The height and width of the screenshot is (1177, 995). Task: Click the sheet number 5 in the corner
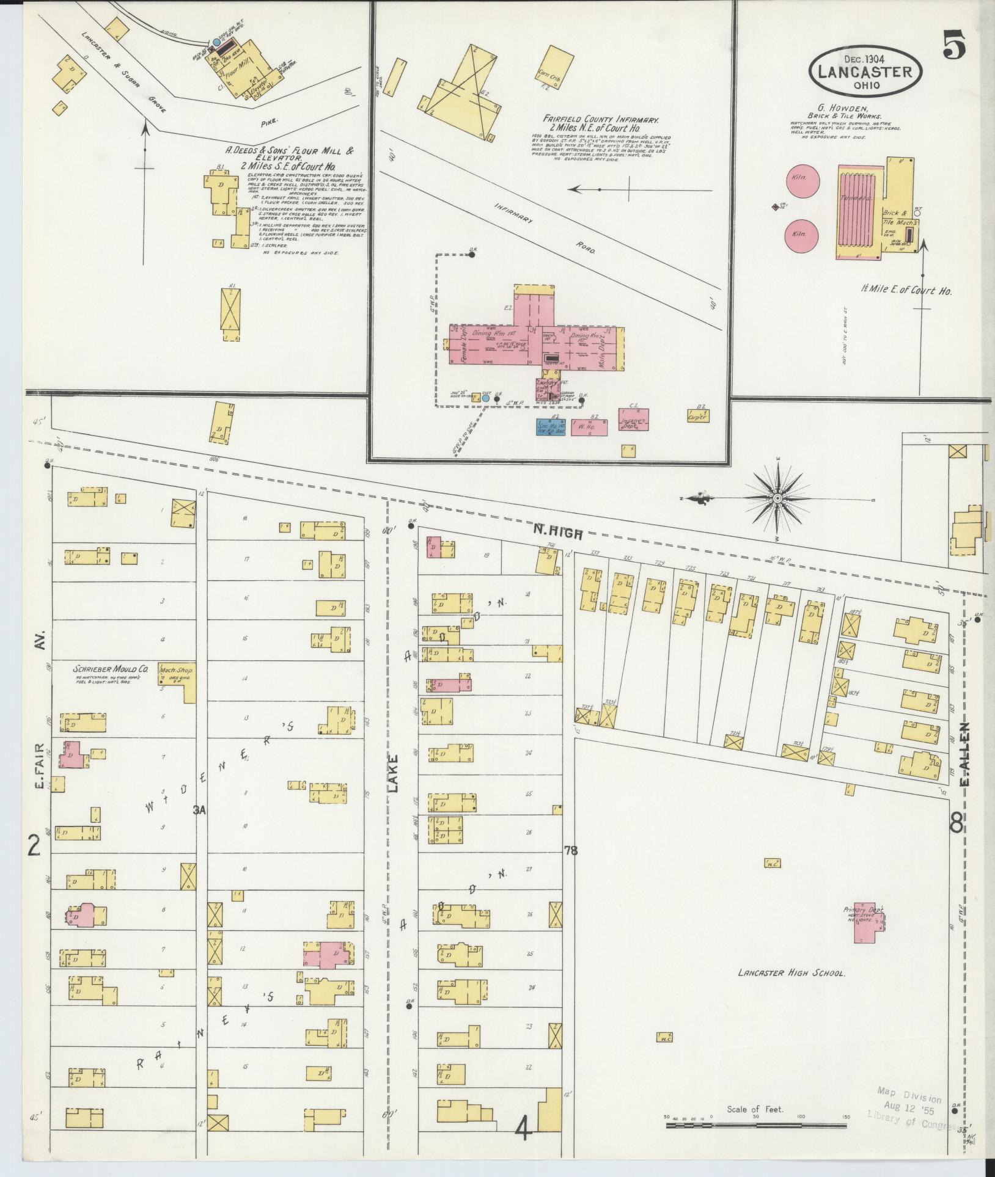click(x=955, y=46)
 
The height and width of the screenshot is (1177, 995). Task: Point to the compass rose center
click(x=777, y=499)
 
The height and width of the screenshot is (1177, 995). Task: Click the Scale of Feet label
click(x=755, y=1109)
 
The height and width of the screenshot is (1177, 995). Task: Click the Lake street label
click(x=393, y=774)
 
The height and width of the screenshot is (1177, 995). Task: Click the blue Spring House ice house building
click(x=551, y=427)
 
